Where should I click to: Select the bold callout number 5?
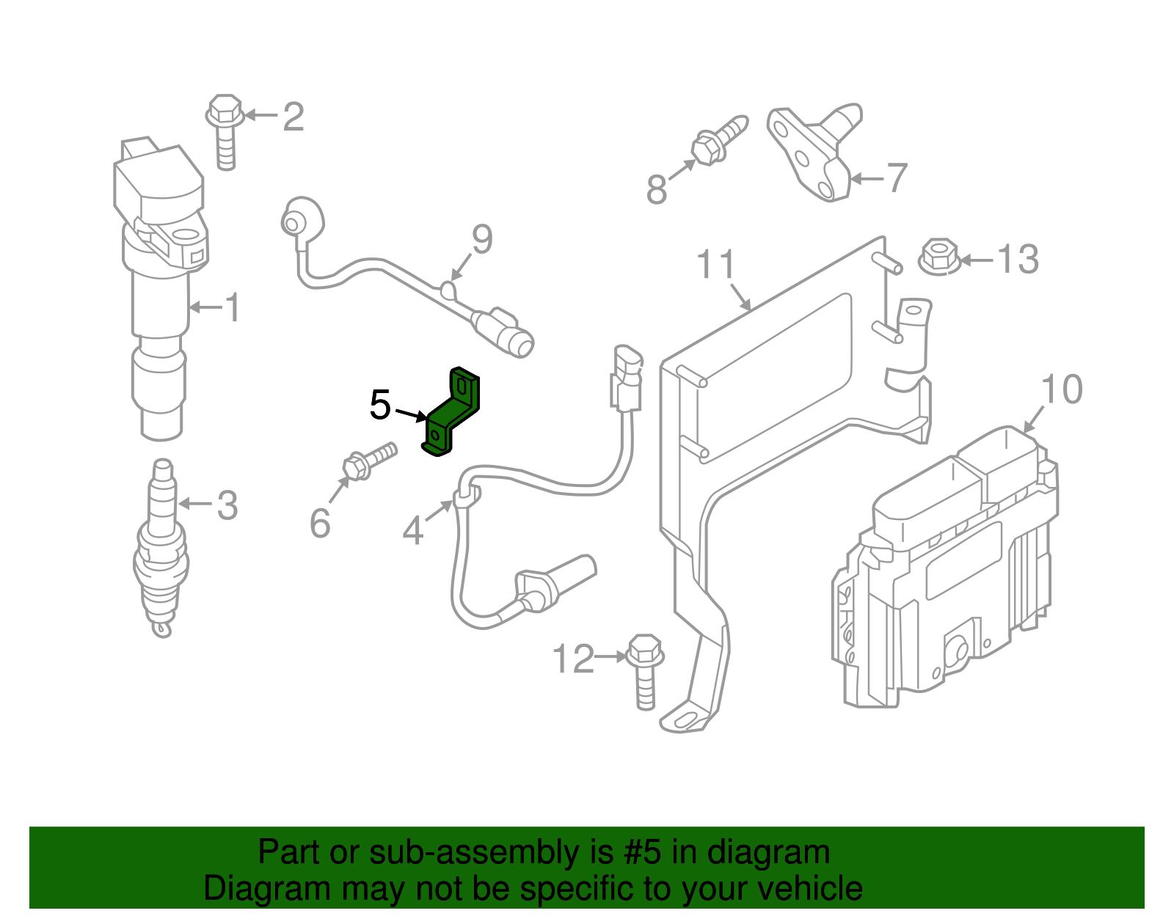click(380, 405)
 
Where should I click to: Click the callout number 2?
click(293, 117)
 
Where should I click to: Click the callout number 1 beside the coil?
click(233, 307)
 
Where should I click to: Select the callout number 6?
click(320, 523)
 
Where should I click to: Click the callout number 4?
click(413, 530)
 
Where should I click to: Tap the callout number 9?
click(482, 239)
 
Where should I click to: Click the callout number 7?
click(897, 178)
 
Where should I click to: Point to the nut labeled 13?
click(938, 256)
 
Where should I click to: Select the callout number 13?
click(1018, 259)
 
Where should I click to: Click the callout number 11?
click(715, 265)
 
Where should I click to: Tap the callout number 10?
click(1061, 389)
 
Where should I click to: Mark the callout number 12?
click(573, 659)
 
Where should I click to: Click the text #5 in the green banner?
click(643, 852)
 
